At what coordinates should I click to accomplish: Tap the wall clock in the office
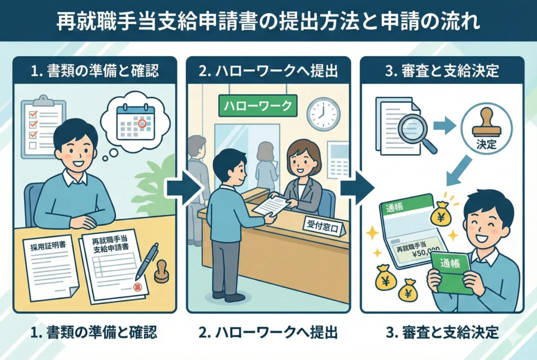point(323,113)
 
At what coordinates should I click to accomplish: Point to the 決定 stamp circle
point(487,129)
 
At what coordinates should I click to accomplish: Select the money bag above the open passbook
point(441,215)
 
